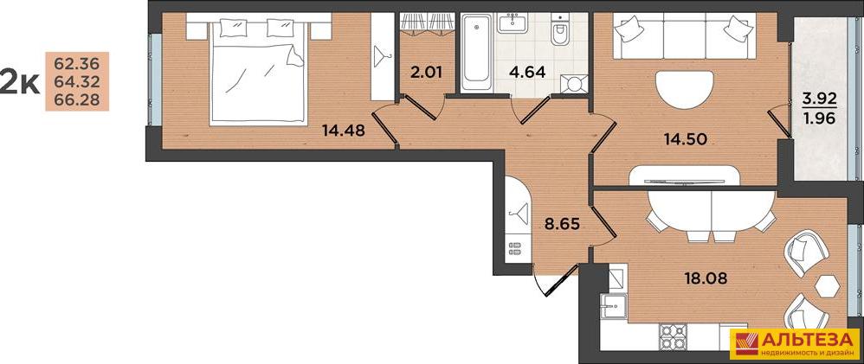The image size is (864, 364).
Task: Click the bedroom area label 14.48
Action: (x=344, y=131)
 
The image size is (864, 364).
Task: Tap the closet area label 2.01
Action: (x=427, y=72)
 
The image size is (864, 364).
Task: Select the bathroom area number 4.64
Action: (x=527, y=72)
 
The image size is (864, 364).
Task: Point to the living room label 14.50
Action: (x=686, y=139)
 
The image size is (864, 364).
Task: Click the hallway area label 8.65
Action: (x=562, y=225)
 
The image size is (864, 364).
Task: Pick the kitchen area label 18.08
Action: (x=705, y=278)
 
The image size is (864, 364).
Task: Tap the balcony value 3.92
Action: (x=820, y=99)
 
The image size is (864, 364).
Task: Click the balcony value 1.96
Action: (x=820, y=118)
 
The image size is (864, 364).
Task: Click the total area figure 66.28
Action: (x=77, y=99)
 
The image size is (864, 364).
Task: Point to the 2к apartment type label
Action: (x=19, y=82)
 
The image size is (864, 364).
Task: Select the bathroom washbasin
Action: (x=514, y=24)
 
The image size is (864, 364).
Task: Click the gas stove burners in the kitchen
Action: (x=673, y=336)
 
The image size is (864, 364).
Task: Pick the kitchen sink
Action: (x=613, y=306)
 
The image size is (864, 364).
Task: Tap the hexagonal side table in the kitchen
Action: (x=829, y=286)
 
